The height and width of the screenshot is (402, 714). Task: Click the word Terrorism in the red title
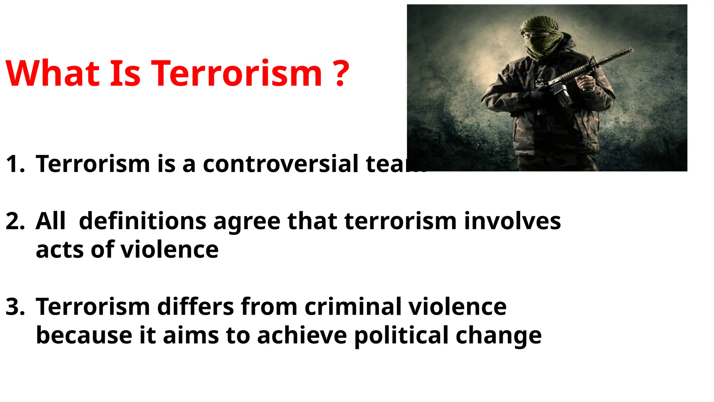click(x=236, y=74)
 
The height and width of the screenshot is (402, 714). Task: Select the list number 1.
click(x=15, y=164)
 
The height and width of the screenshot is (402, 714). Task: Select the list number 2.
click(x=15, y=221)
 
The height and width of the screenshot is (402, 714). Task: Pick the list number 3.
click(x=15, y=307)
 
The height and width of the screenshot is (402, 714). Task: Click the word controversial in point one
click(x=280, y=164)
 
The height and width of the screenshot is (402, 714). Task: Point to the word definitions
click(x=143, y=221)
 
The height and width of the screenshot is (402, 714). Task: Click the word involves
click(x=512, y=221)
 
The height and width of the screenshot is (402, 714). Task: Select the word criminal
click(x=352, y=307)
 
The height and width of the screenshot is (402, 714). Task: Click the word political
click(x=401, y=336)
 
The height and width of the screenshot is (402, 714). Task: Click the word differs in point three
click(x=196, y=307)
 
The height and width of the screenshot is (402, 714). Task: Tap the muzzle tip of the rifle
click(x=630, y=50)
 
